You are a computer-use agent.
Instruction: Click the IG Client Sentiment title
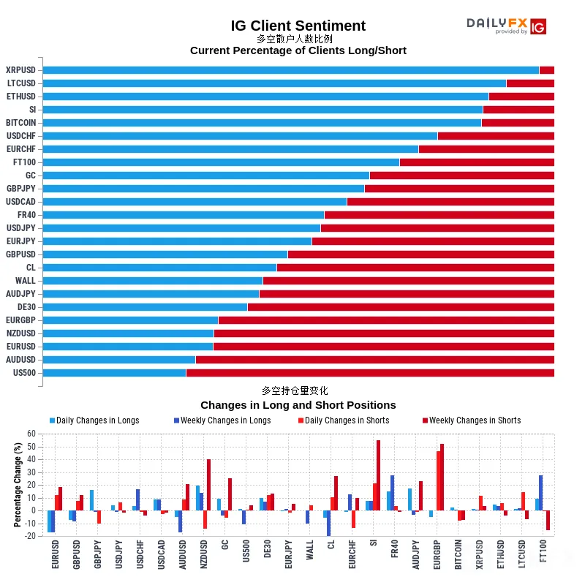(298, 26)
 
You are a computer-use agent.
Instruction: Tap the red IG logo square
(538, 26)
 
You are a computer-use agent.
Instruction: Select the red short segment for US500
(370, 373)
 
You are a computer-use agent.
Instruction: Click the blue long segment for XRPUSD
(291, 70)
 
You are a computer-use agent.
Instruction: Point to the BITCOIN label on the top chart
(21, 123)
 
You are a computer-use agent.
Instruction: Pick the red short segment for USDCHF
(496, 136)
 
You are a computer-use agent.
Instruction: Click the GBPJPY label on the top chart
(21, 189)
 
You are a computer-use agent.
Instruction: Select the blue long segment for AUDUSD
(119, 360)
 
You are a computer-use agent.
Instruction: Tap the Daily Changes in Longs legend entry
(94, 420)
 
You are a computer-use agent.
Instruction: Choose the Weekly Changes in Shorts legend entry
(472, 420)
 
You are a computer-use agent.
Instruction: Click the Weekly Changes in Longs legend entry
(222, 420)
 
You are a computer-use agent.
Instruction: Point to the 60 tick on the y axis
(31, 434)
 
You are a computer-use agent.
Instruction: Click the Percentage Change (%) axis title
(18, 485)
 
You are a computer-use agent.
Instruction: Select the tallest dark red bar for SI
(378, 475)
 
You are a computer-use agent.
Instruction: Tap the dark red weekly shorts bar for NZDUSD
(208, 485)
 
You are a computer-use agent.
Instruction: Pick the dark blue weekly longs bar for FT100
(540, 493)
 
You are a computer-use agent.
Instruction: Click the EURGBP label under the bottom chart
(437, 555)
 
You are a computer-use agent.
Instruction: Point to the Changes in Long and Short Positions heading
(298, 405)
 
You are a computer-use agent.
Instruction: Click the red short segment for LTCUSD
(530, 83)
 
